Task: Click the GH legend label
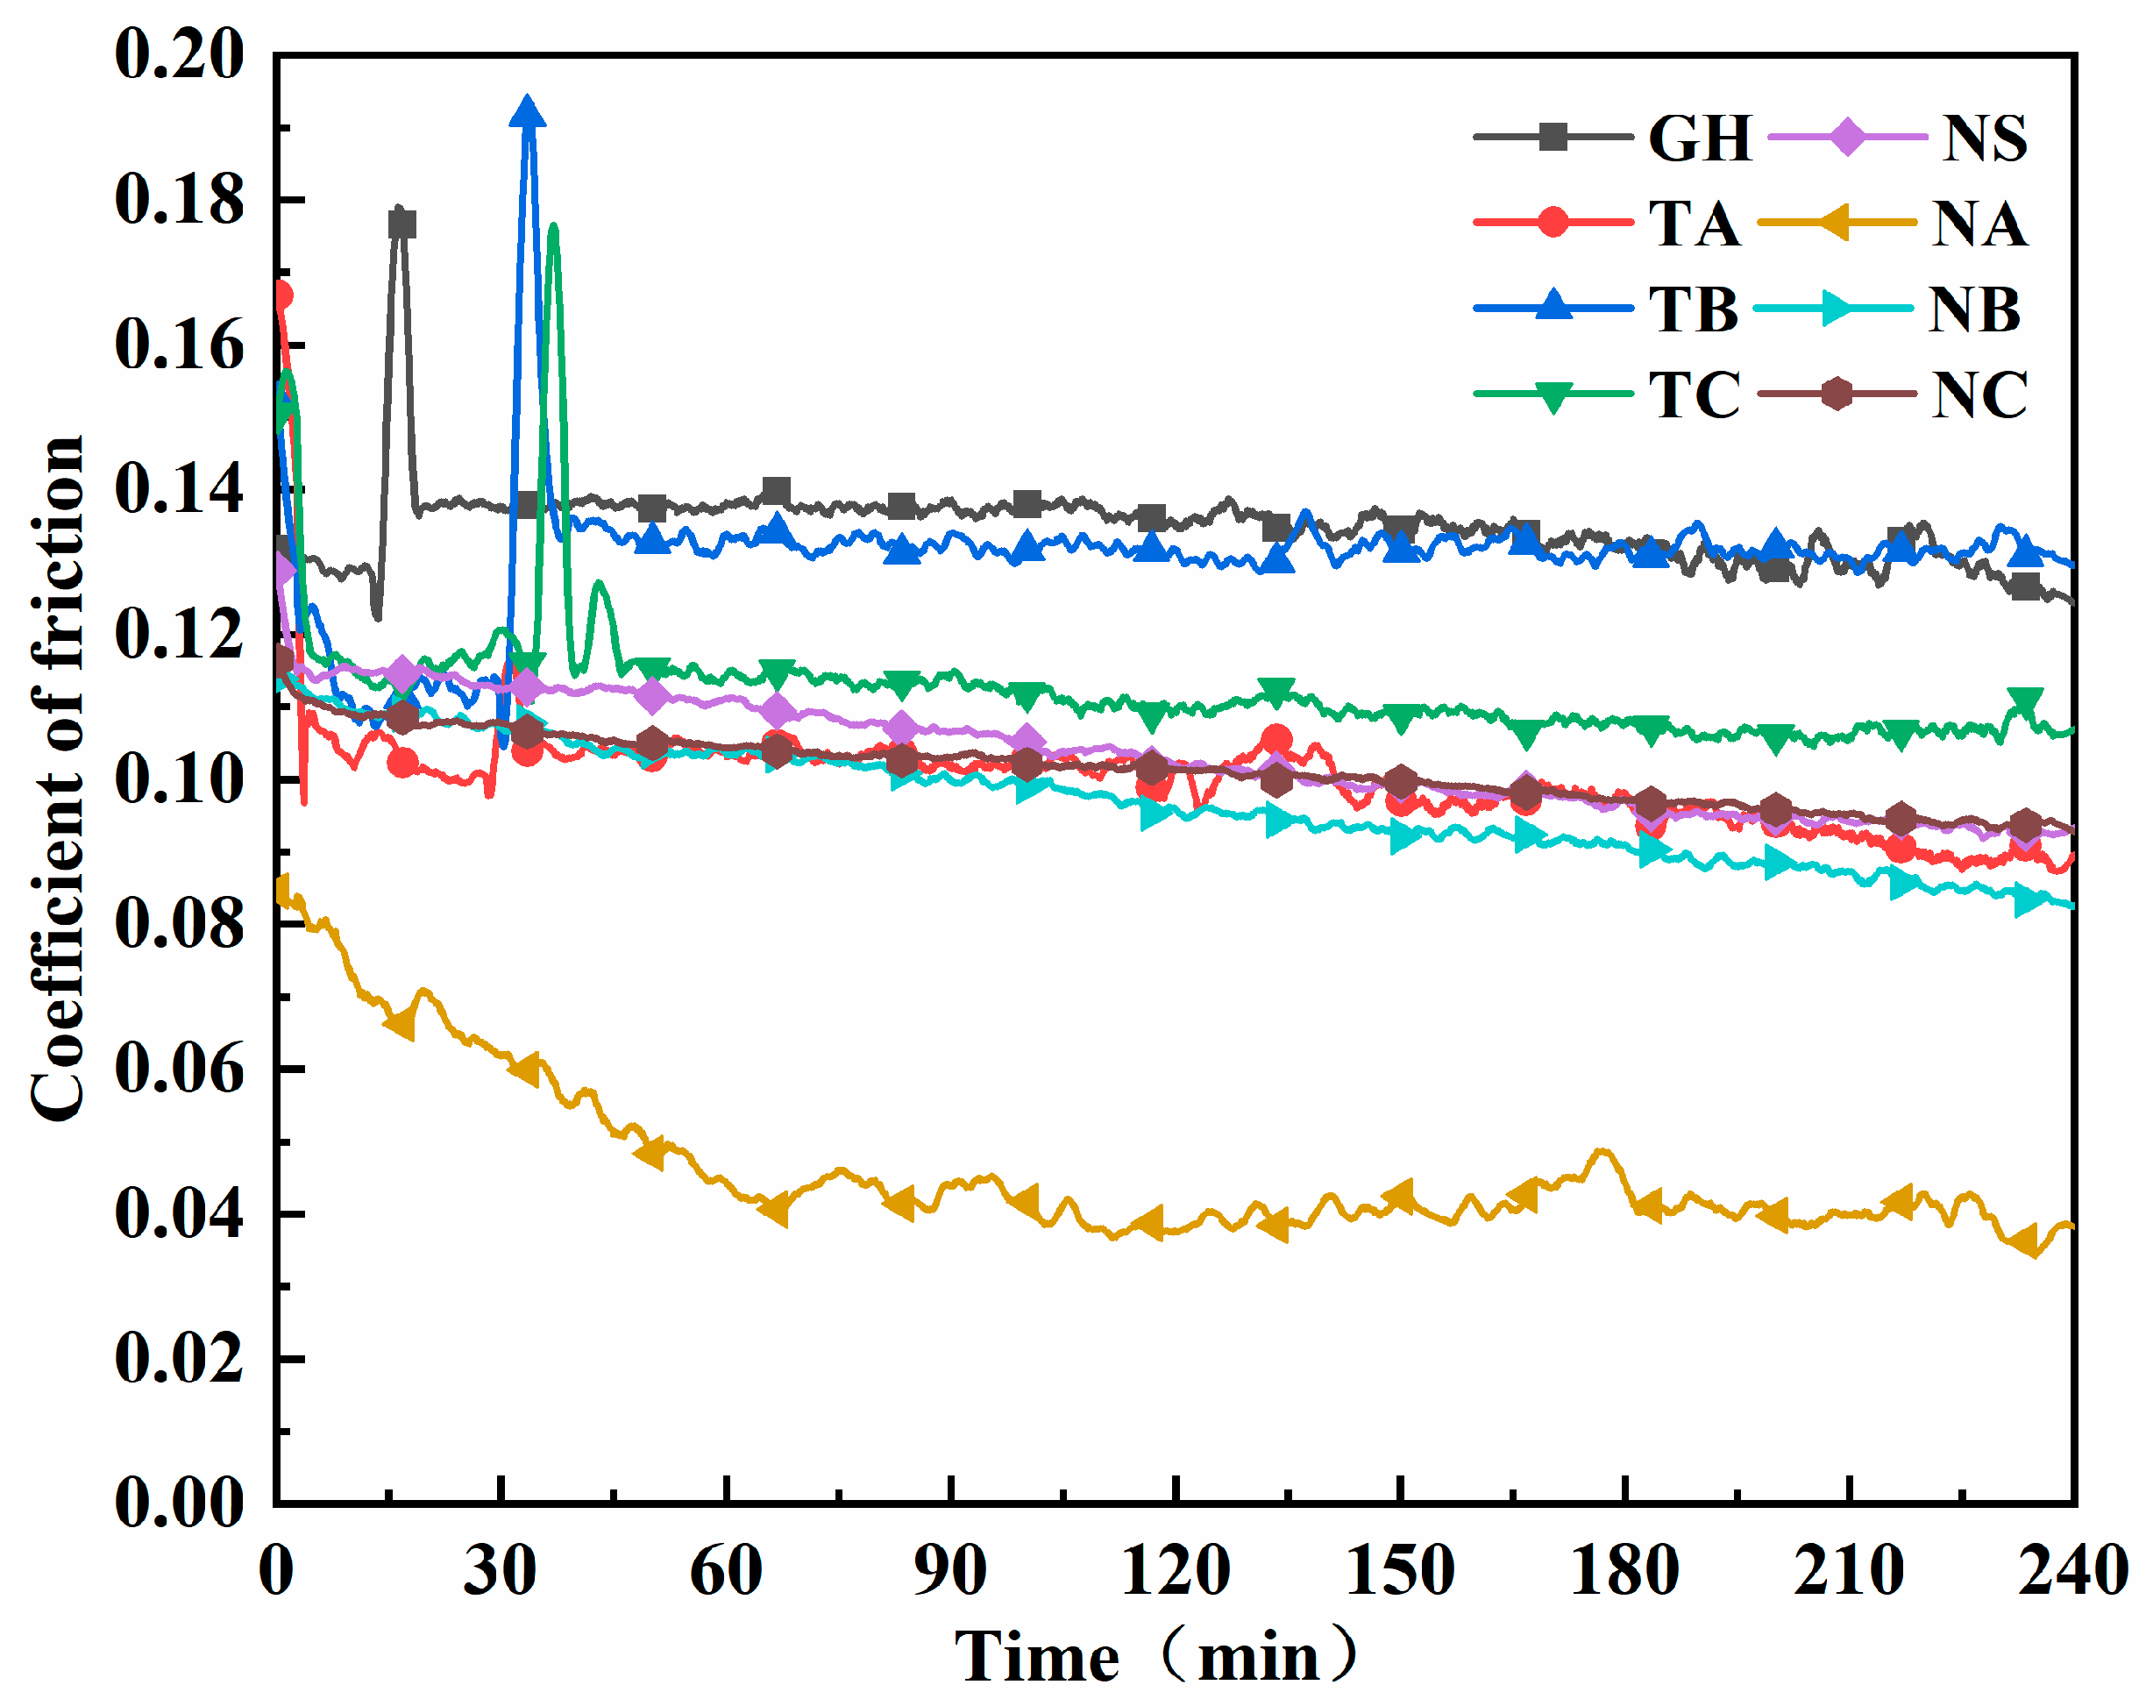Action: pos(1699,139)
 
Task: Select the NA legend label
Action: pos(1978,224)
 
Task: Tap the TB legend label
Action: pos(1694,309)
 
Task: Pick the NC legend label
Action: pos(1979,395)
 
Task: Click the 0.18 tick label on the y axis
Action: pos(179,200)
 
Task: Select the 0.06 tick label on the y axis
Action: pos(179,1070)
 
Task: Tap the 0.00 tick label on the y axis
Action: pos(179,1502)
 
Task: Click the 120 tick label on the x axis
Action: pos(1176,1573)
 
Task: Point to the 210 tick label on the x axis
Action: pos(1849,1573)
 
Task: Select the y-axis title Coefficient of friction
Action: pos(58,778)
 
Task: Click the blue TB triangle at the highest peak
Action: pos(527,113)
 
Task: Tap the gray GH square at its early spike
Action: pos(401,224)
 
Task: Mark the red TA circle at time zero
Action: pos(281,295)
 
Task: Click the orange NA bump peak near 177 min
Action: pos(1601,1151)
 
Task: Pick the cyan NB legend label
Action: pos(1973,309)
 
